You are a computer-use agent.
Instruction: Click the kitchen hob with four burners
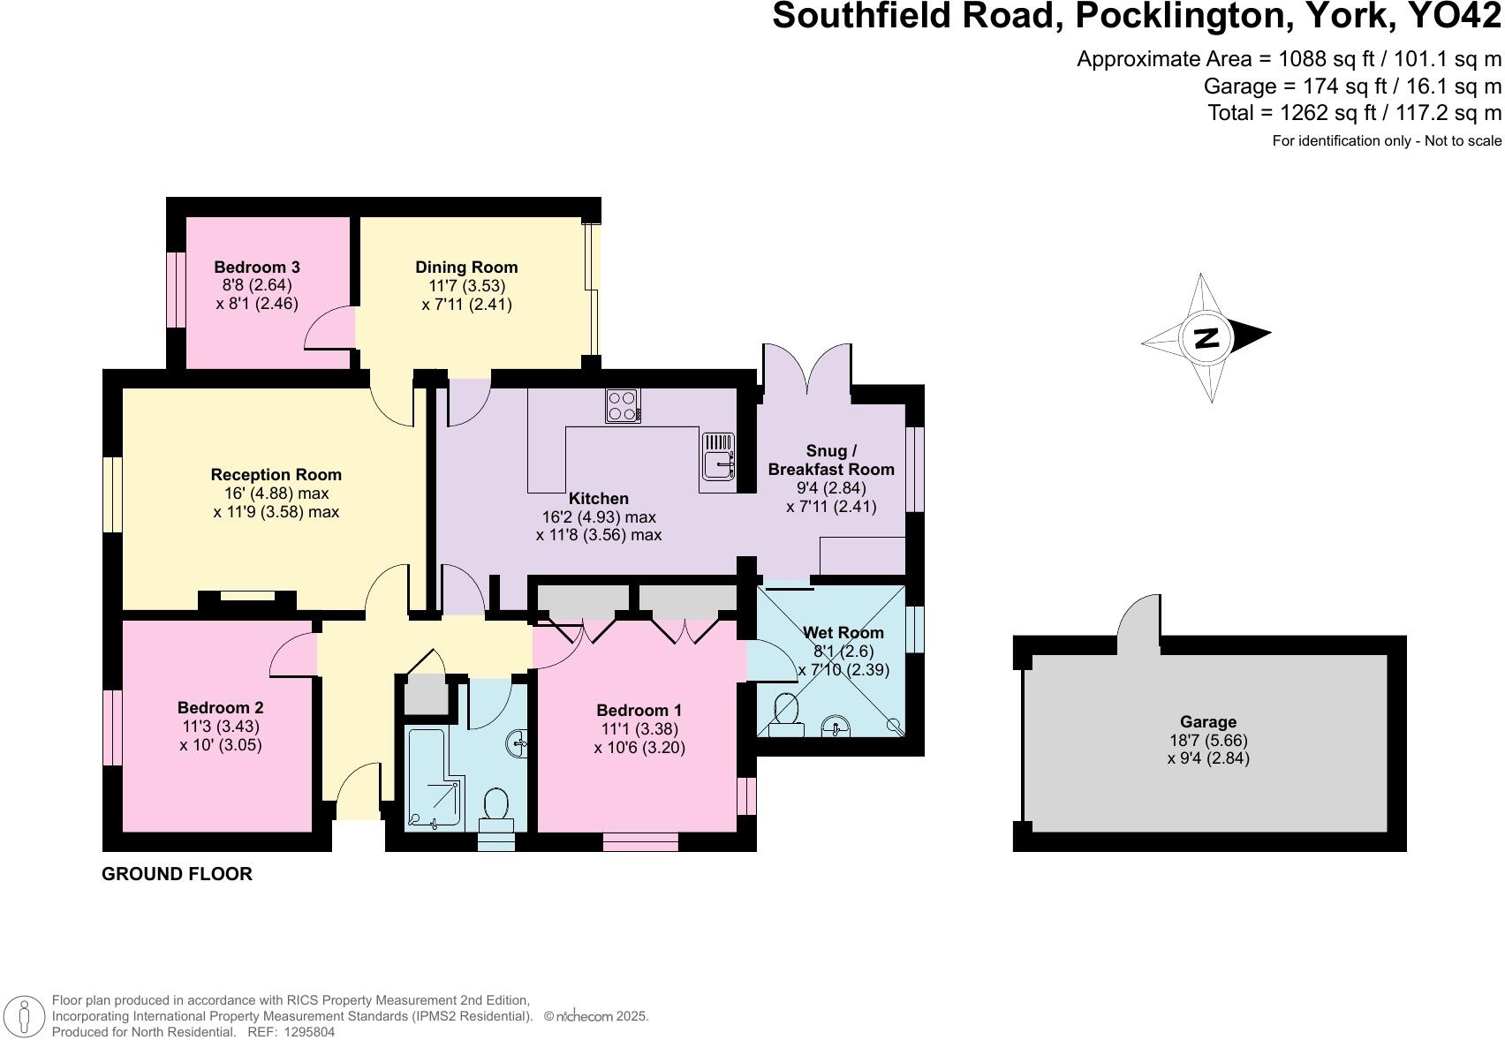[623, 406]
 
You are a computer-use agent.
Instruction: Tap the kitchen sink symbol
[718, 456]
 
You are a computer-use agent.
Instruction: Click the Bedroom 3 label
[257, 267]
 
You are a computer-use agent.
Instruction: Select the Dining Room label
[466, 267]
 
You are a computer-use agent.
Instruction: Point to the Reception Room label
[276, 474]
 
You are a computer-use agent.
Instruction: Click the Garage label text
[1208, 721]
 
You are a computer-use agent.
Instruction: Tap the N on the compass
[1206, 337]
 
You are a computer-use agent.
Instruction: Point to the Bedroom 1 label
[639, 710]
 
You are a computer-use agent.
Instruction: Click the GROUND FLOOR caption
[177, 874]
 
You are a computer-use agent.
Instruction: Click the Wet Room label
[843, 632]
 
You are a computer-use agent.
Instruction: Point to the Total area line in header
[1354, 113]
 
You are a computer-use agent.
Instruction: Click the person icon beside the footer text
[26, 1016]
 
